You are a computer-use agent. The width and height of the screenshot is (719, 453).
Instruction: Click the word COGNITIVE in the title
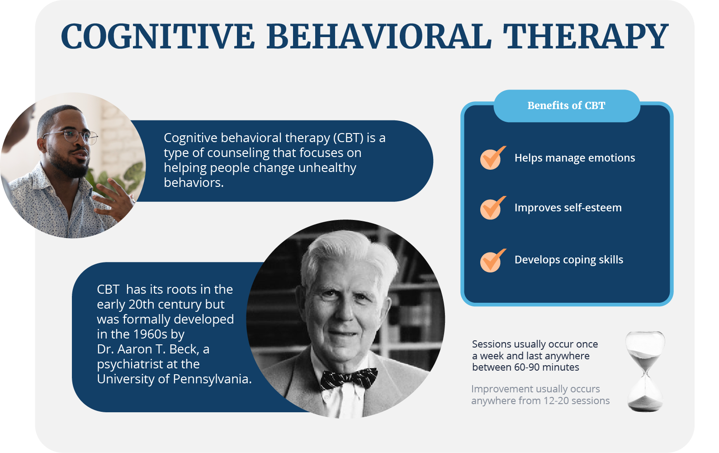[x=158, y=36]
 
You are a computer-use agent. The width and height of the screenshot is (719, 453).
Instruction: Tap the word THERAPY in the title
[x=586, y=36]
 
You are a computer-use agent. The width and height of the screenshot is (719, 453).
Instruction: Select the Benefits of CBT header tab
[x=566, y=105]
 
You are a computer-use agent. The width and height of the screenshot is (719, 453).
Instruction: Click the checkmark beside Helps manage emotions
[x=492, y=158]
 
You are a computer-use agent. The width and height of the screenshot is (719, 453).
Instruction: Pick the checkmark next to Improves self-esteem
[x=492, y=208]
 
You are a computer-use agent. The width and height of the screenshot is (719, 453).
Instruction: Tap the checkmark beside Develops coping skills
[x=492, y=261]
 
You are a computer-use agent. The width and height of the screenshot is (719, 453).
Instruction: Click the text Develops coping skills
[x=568, y=260]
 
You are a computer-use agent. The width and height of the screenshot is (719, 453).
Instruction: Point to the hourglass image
[x=645, y=371]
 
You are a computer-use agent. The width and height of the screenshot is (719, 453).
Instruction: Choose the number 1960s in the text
[x=151, y=334]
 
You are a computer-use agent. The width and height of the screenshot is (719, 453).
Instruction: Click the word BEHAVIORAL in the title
[x=378, y=36]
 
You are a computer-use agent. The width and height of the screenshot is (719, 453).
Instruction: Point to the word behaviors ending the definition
[x=194, y=183]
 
